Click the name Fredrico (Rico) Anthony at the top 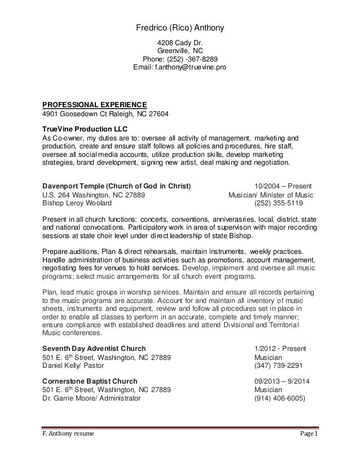pyautogui.click(x=181, y=28)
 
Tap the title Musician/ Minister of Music pyautogui.click(x=270, y=195)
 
